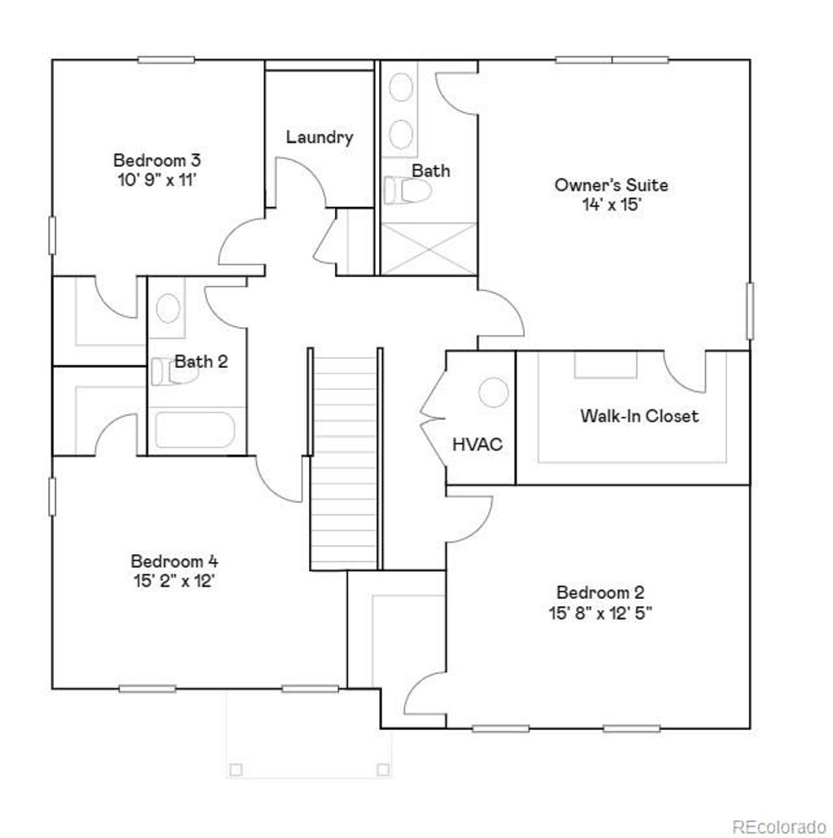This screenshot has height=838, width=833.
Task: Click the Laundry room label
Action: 319,137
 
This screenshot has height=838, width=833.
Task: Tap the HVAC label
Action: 478,444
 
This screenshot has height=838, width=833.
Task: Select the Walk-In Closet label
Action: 639,416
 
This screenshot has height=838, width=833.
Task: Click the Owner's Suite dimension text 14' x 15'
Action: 611,205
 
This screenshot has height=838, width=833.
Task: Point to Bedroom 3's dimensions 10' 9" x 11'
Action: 156,179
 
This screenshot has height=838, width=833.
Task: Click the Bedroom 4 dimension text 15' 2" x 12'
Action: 174,582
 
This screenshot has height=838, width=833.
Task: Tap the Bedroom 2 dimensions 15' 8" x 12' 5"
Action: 600,613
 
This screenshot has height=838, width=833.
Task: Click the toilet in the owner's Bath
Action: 408,190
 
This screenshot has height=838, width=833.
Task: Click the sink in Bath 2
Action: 167,308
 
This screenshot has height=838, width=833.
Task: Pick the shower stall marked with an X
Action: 428,248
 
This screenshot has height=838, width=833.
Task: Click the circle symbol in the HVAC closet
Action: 492,394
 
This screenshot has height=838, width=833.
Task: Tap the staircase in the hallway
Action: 346,460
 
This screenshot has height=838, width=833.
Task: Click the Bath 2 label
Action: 201,361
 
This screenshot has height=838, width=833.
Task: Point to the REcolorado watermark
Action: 778,824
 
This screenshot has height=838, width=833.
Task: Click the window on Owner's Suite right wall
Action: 749,311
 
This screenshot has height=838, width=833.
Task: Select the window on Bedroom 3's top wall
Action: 166,59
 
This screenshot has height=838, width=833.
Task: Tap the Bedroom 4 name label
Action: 174,561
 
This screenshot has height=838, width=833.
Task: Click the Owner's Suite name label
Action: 611,185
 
